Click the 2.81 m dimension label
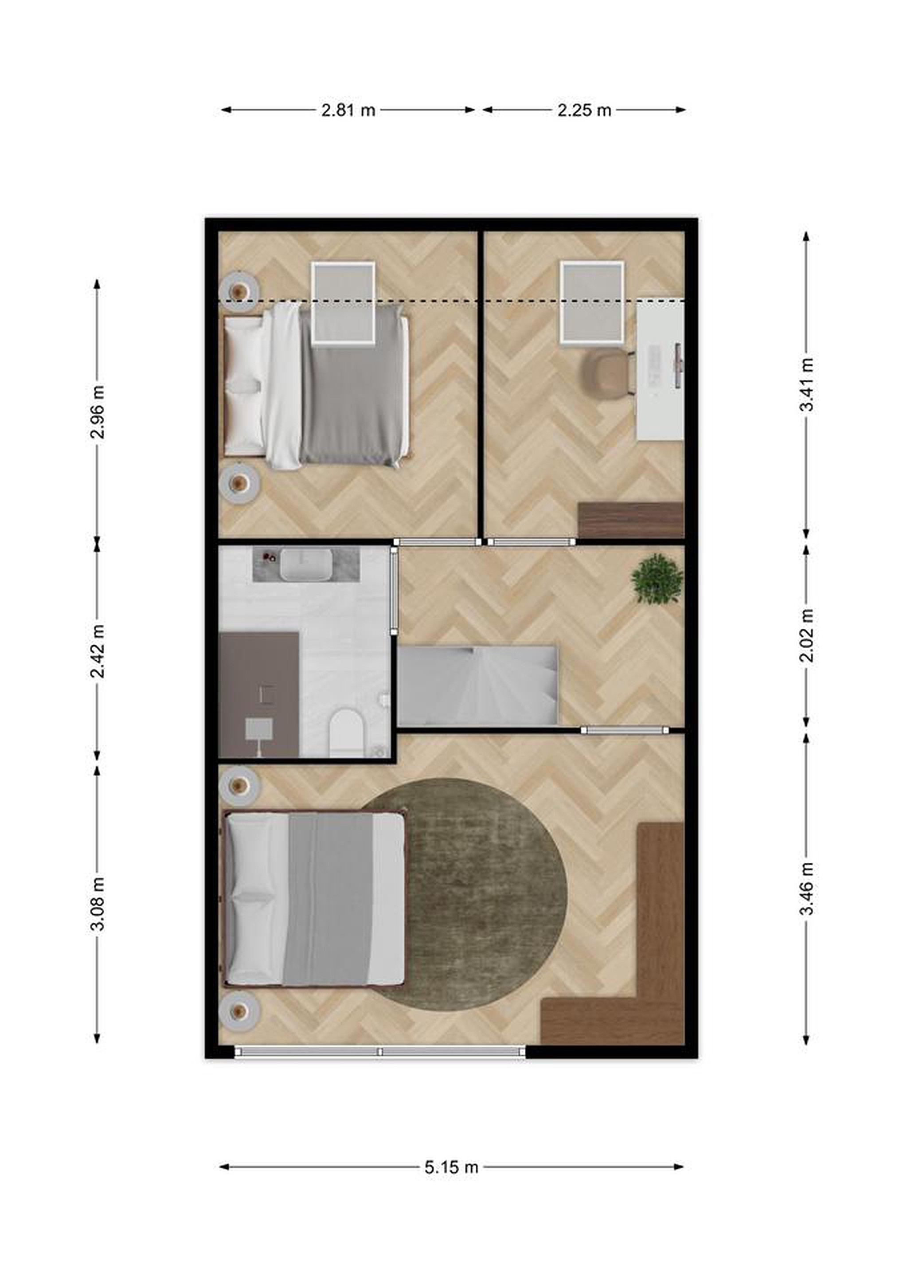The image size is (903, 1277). pos(348,110)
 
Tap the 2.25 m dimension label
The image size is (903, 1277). pos(584,110)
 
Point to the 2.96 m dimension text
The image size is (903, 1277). pos(98,411)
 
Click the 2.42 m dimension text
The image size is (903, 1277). pos(98,651)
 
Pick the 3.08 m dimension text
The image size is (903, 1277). pos(98,904)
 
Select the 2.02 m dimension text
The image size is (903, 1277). pos(806,635)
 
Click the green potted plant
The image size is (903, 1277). pos(657,579)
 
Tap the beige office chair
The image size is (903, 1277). pos(609,372)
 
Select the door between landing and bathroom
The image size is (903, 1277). pos(394,591)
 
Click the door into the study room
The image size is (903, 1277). pos(531,542)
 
